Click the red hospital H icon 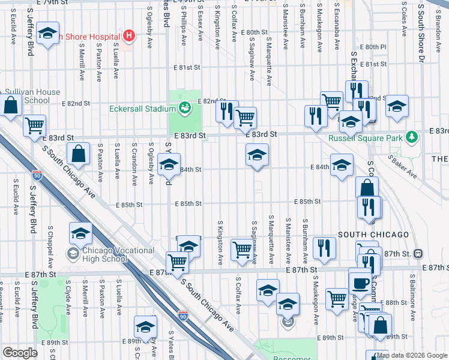click(x=128, y=35)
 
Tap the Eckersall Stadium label click(x=142, y=109)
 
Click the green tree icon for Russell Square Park click(x=412, y=138)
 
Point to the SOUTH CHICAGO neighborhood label click(x=373, y=235)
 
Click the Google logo click(x=20, y=353)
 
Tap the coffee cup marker click(x=360, y=282)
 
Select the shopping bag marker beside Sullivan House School click(x=12, y=106)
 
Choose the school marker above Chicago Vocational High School click(x=80, y=233)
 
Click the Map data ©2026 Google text click(x=412, y=355)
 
